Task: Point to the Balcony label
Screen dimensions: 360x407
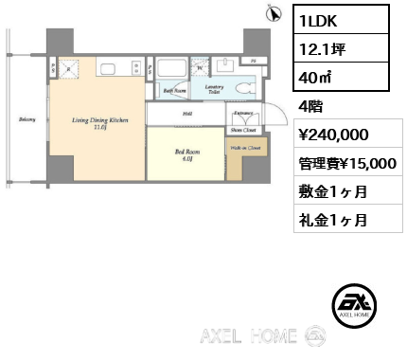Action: click(27, 119)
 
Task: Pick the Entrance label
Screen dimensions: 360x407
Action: click(242, 114)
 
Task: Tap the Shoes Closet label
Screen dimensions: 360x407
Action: click(241, 130)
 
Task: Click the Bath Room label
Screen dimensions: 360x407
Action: click(173, 91)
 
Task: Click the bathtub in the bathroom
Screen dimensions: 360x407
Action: click(171, 72)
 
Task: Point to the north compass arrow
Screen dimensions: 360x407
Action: click(274, 12)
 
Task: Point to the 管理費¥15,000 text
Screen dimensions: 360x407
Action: click(346, 163)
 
